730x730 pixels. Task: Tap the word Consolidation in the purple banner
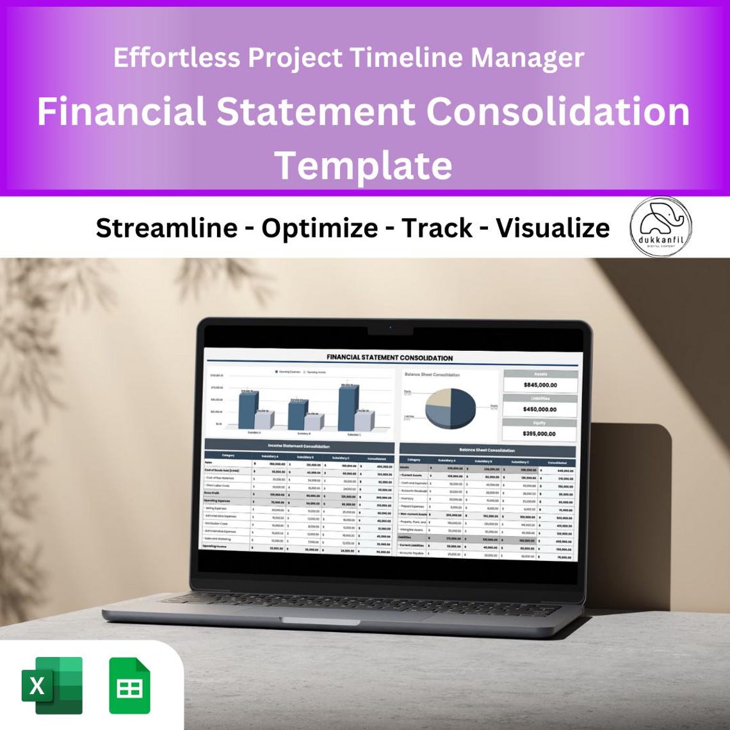(558, 111)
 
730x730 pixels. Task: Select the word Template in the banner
(364, 165)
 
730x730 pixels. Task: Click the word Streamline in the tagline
(166, 228)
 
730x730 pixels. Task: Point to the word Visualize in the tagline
(553, 228)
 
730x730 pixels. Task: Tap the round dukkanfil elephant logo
(660, 227)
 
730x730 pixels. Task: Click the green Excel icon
(53, 685)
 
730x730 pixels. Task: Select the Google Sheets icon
(129, 685)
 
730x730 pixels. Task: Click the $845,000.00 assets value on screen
(540, 385)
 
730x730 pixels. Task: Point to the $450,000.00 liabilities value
(539, 409)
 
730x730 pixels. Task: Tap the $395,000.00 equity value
(539, 434)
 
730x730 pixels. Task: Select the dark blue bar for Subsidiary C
(346, 408)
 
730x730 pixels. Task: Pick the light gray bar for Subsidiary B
(313, 421)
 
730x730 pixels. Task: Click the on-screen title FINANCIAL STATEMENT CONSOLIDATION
(389, 358)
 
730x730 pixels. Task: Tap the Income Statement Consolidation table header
(299, 446)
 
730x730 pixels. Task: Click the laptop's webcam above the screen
(391, 327)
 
